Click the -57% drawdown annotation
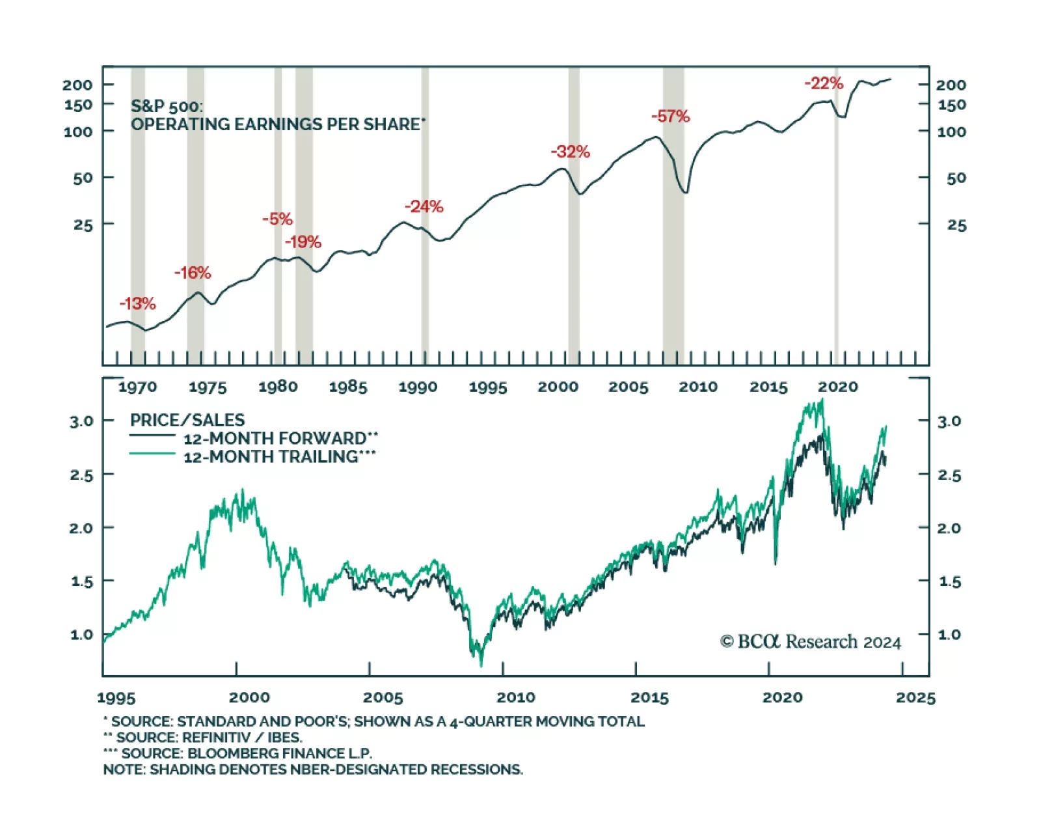[670, 117]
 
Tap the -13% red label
[137, 303]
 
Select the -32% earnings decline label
[570, 152]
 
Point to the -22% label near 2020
[824, 83]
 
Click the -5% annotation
[277, 219]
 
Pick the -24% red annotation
[424, 206]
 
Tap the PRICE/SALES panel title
[187, 420]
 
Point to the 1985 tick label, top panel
[348, 387]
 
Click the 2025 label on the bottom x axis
[915, 698]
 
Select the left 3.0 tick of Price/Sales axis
[81, 421]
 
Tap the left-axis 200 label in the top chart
[77, 85]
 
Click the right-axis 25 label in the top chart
[956, 225]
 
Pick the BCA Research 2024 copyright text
[811, 642]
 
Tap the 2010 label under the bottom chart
[516, 698]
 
